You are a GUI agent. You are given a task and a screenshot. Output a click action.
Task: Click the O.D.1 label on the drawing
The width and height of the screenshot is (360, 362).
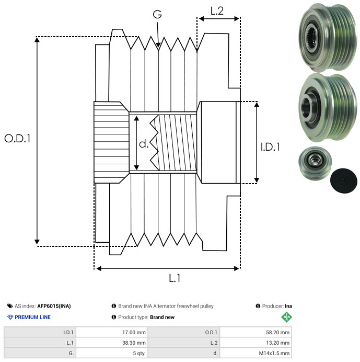click(17, 139)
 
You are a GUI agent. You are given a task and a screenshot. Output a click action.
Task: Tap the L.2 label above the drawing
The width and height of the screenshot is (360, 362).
click(217, 11)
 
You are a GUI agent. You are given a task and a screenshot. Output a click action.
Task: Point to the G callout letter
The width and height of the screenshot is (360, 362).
click(157, 14)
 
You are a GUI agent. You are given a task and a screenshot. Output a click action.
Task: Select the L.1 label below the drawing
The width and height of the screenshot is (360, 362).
click(175, 278)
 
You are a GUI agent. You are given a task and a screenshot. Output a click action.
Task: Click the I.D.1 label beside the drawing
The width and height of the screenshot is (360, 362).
click(270, 147)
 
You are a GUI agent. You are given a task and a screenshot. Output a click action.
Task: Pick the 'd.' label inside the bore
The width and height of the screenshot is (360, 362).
click(144, 144)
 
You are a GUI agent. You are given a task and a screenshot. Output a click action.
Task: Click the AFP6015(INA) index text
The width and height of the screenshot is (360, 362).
click(54, 306)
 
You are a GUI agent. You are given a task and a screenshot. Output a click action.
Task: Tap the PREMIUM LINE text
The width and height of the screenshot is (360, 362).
click(32, 317)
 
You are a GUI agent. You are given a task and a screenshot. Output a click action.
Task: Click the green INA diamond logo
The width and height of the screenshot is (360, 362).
click(286, 317)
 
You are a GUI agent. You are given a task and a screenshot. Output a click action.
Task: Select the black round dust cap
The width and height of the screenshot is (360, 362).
click(344, 180)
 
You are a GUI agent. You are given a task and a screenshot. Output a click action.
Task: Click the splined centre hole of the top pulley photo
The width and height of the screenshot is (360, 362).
click(312, 37)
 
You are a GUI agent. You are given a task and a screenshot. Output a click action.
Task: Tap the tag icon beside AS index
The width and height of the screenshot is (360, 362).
click(10, 306)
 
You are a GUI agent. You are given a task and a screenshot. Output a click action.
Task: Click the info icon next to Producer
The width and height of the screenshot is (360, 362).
click(258, 306)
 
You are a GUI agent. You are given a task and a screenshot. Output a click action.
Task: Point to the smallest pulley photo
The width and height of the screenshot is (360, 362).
click(315, 163)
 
